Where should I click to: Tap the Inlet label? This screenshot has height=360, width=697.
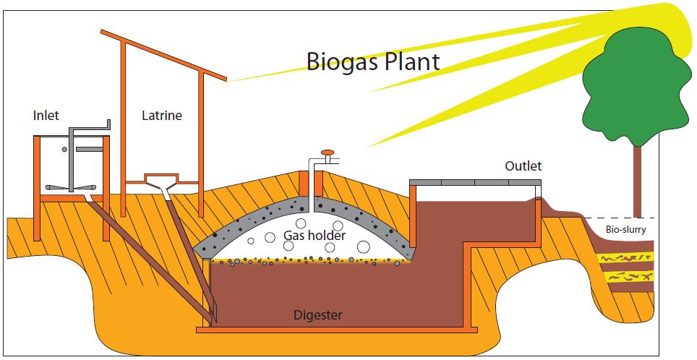(46, 115)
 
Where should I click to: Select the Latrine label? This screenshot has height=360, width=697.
(162, 115)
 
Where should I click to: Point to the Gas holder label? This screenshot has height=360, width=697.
(314, 236)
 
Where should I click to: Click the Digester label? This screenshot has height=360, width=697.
(317, 314)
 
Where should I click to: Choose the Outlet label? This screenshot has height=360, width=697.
(523, 166)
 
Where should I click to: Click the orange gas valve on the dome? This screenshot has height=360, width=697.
(328, 153)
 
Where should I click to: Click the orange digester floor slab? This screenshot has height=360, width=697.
(333, 330)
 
